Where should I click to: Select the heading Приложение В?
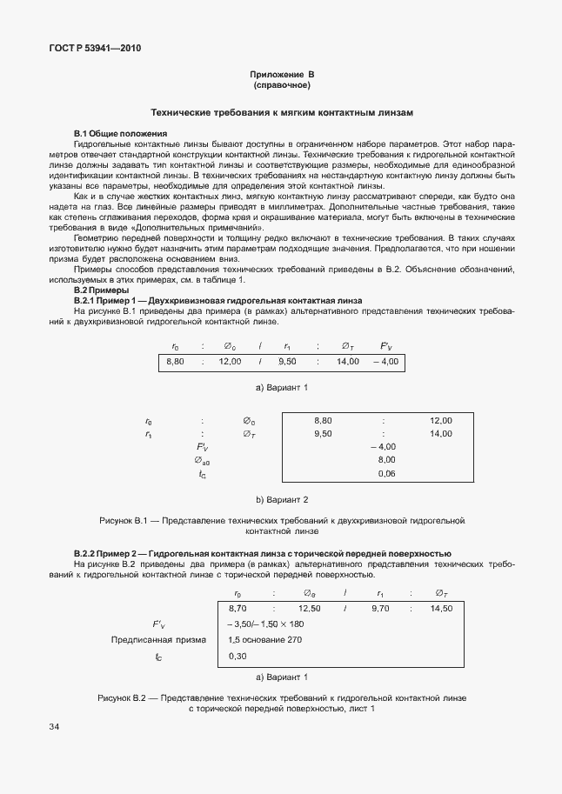click(281, 76)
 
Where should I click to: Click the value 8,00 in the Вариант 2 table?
click(386, 459)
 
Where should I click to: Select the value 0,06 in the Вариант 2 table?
click(386, 473)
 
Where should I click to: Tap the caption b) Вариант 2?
click(281, 499)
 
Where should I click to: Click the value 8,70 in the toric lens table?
click(238, 609)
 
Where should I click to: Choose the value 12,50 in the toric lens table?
click(309, 609)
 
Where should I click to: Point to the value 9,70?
click(380, 609)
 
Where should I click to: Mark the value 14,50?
click(441, 609)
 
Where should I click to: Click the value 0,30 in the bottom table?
click(238, 656)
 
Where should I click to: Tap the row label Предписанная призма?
click(158, 640)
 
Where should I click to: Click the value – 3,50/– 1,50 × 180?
click(265, 624)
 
